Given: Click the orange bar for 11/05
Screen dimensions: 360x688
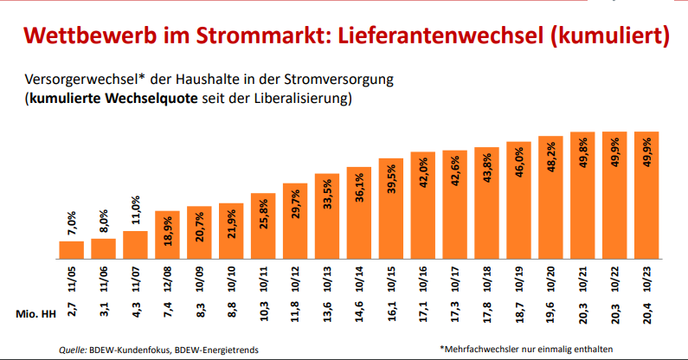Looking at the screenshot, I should pos(71,249).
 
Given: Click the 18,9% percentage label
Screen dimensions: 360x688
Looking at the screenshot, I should pos(168,231).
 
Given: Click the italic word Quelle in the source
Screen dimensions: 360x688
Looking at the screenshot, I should pos(72,350).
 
